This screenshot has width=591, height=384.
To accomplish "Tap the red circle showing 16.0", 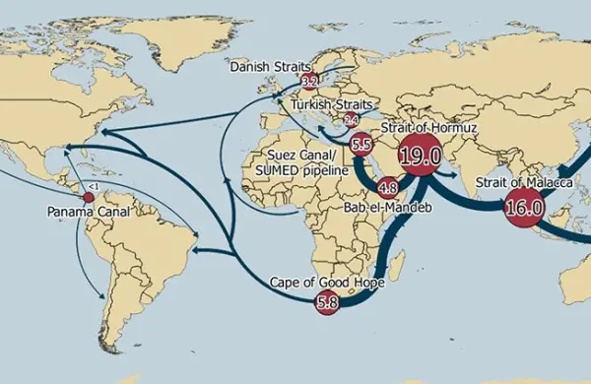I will click(522, 207).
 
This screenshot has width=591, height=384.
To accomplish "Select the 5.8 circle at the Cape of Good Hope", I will click(326, 303).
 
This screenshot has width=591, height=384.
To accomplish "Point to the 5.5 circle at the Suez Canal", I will click(361, 145).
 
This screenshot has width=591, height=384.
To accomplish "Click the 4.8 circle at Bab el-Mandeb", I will click(387, 186).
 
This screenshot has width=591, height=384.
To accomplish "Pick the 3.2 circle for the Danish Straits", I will click(309, 81).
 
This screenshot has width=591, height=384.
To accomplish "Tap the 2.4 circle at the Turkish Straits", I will click(351, 121).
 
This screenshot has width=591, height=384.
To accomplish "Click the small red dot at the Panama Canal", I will click(89, 198).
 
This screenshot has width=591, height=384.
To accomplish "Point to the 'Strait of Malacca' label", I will click(511, 182).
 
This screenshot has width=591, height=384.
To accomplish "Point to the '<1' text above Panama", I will click(92, 186).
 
